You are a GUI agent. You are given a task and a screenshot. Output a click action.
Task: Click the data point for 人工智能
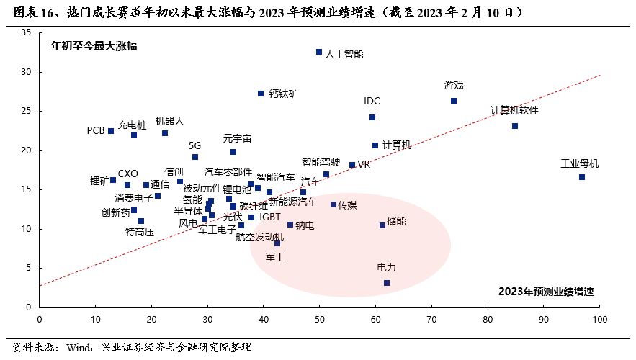319,52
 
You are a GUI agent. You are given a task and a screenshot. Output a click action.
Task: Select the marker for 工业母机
581,177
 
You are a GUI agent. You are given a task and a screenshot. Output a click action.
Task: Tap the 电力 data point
387,283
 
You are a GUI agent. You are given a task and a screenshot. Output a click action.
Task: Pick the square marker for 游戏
454,101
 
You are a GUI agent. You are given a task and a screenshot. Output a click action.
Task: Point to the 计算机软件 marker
515,126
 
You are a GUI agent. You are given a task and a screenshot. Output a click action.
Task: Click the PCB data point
111,131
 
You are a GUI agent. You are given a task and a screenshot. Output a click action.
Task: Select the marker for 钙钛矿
261,94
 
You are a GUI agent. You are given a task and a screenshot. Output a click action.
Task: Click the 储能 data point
382,225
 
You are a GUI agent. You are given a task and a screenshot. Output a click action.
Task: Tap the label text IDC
372,102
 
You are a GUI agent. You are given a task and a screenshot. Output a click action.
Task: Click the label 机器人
170,121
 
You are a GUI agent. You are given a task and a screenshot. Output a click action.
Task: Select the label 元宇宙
237,138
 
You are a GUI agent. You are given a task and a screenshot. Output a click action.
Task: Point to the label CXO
127,174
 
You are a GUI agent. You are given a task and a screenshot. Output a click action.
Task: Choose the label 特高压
140,232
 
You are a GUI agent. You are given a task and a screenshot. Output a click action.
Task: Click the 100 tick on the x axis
600,318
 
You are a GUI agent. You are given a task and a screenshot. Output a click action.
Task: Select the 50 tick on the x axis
320,318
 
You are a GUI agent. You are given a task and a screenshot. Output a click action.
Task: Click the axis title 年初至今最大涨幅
94,46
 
